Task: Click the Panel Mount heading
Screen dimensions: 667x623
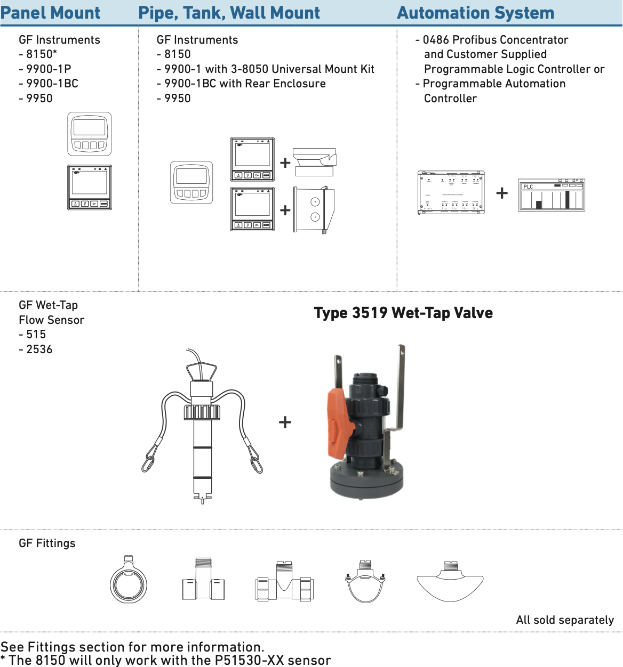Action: (50, 13)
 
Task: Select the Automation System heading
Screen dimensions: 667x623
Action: (475, 13)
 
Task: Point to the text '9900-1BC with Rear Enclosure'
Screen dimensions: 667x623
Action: (241, 84)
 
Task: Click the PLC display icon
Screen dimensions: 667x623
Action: (552, 195)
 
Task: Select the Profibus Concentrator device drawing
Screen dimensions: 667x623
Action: (451, 193)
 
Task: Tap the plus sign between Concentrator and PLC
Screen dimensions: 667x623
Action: (501, 193)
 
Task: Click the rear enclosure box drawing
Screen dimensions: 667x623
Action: (314, 209)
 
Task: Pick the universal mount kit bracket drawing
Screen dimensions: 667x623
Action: (315, 162)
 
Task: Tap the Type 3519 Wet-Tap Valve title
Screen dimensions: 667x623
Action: (403, 313)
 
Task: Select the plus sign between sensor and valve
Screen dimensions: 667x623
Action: (285, 422)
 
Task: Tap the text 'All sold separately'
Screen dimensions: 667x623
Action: (565, 620)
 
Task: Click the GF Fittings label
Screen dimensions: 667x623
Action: (47, 543)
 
